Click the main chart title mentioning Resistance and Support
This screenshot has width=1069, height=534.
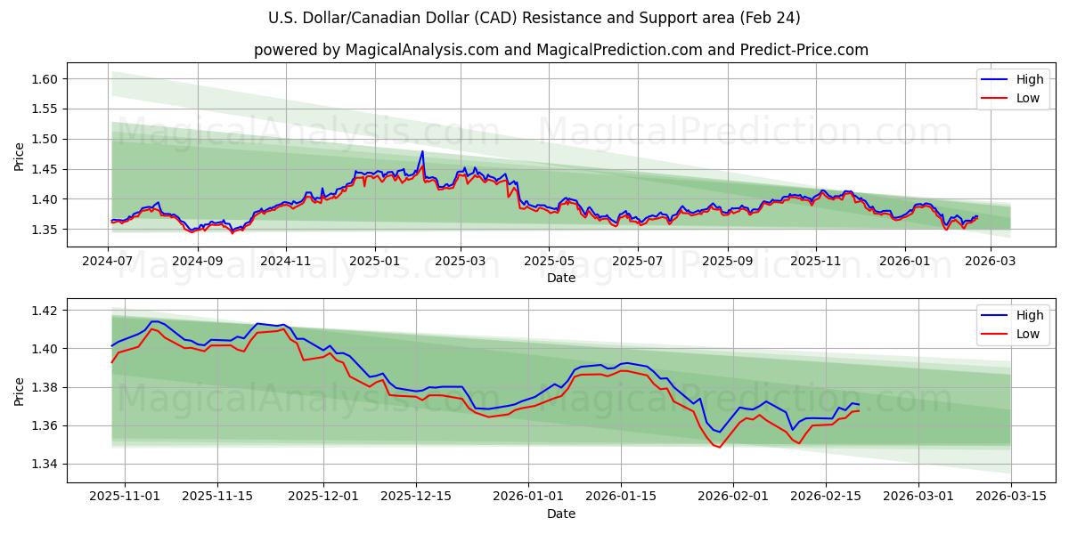[534, 18]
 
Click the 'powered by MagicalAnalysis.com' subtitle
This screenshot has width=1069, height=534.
[561, 50]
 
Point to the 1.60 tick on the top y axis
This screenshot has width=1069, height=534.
[45, 79]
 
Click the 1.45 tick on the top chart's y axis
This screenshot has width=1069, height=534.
[45, 169]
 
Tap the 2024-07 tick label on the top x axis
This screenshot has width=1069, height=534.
[108, 262]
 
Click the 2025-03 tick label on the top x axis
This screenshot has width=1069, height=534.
[461, 262]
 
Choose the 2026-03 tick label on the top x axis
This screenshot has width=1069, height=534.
[991, 262]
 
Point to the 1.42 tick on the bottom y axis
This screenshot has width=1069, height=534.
[45, 311]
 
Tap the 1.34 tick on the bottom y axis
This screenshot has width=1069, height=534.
[45, 464]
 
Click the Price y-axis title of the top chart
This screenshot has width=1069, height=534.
[20, 156]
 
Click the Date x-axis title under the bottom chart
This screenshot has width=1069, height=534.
[561, 514]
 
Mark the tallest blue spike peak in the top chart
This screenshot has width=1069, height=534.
[422, 151]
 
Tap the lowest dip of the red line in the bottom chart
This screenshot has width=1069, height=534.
[719, 447]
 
